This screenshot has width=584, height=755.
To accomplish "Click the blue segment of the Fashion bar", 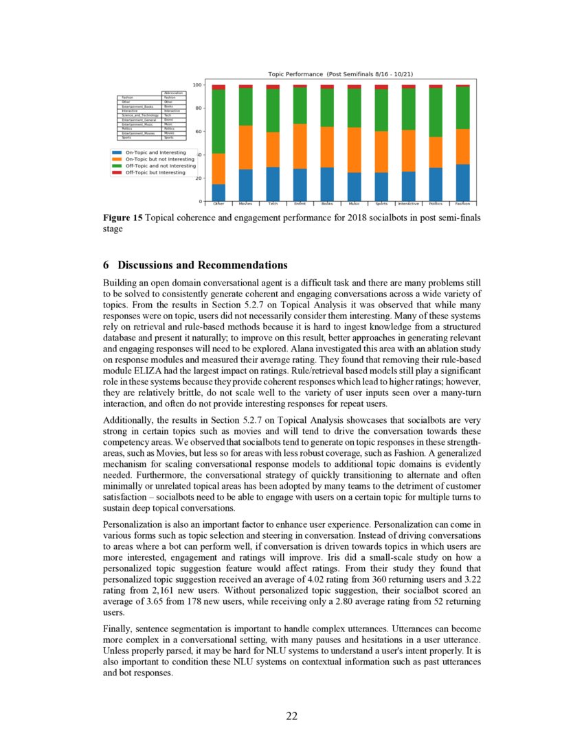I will coord(462,183).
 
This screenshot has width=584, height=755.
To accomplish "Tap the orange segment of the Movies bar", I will coord(245,148).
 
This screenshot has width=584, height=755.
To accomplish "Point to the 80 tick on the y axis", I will coord(198,108).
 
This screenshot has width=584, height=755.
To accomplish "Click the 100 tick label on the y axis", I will coord(196,85).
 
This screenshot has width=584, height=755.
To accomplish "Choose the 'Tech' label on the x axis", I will coord(273,204).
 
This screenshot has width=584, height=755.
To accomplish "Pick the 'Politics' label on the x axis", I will coord(436,204).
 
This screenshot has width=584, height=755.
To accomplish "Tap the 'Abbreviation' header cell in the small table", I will coord(173,93).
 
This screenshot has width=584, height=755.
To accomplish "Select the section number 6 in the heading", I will coord(106,265).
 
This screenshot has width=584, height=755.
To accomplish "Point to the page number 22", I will coord(292,716).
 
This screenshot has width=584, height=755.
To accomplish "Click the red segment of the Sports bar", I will coord(381,87).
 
